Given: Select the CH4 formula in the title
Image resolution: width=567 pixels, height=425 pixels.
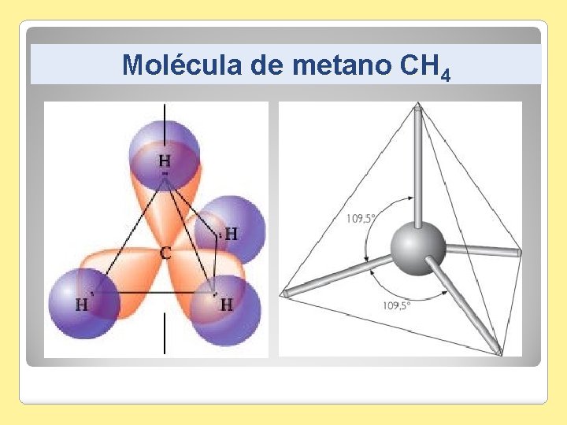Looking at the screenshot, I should coord(426,67).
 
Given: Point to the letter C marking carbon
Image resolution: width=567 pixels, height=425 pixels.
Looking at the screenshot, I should coord(165,253).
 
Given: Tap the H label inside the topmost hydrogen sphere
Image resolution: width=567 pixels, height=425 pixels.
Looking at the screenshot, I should coord(165,160).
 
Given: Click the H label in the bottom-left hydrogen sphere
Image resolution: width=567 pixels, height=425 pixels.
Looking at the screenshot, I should coord(81,305).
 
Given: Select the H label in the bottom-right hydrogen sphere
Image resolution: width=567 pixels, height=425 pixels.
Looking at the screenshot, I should coord(226,305).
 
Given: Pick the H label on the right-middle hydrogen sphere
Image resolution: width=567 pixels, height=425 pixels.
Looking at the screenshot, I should coord(231,234).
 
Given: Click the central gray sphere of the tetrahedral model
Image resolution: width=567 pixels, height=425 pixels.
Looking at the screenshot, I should coord(418,248).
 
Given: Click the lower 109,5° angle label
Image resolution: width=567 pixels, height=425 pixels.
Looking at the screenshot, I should coord(396,305).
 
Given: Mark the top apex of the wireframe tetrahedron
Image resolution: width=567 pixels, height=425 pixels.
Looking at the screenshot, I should coord(417,108).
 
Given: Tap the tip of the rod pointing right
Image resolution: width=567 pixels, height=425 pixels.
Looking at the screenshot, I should coord(517,253).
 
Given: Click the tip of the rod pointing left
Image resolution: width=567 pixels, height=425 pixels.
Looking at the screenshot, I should coord(286,293).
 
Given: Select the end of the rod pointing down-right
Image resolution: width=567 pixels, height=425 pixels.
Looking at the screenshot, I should coord(497,351).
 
